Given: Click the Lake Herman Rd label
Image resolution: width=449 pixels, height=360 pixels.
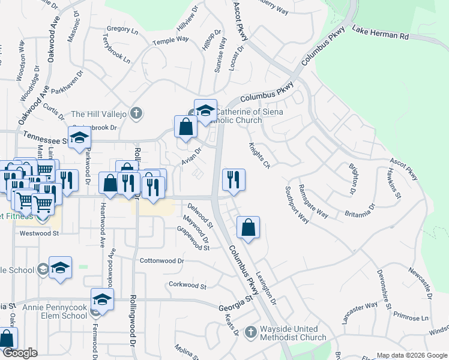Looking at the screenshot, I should (x=380, y=32).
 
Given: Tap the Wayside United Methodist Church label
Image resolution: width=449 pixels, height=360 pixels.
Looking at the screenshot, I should (x=293, y=334).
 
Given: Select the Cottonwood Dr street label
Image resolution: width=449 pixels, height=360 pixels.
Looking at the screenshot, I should (x=161, y=262).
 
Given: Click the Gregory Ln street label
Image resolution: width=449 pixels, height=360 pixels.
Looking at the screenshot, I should (x=118, y=28).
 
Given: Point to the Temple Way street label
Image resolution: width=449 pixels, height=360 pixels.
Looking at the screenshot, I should (x=171, y=41).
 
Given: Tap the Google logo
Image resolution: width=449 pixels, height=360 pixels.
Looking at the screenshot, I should (x=20, y=353).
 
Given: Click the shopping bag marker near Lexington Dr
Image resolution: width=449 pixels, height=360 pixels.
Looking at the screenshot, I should (x=248, y=227).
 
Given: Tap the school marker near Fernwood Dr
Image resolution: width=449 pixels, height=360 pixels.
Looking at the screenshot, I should (x=102, y=299).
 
